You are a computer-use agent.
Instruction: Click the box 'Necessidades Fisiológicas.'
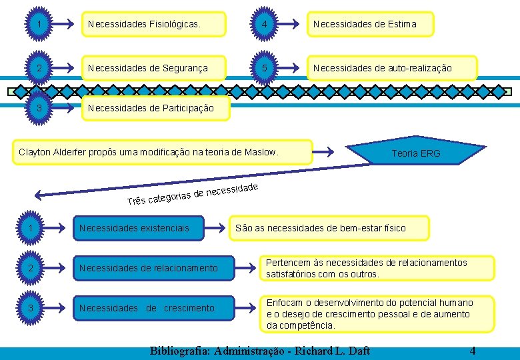click(x=153, y=25)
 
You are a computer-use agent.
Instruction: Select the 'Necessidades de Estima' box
click(x=370, y=25)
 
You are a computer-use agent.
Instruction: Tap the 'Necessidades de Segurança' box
click(x=153, y=68)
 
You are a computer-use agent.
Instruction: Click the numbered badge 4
click(x=265, y=25)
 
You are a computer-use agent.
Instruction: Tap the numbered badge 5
click(x=265, y=68)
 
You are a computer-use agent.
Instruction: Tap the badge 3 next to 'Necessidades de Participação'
click(x=41, y=108)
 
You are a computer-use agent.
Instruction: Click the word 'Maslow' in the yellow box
click(x=261, y=153)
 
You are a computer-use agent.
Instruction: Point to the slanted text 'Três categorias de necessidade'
click(x=193, y=194)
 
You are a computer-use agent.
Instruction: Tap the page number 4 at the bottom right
click(x=473, y=351)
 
